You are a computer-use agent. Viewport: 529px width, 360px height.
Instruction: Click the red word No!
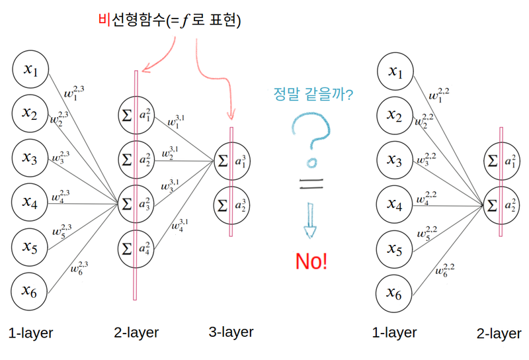(311, 261)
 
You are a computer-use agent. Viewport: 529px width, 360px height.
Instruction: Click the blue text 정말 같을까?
(313, 95)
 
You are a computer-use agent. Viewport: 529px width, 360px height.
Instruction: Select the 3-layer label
(231, 332)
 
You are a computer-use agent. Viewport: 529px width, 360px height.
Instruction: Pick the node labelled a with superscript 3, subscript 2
(231, 204)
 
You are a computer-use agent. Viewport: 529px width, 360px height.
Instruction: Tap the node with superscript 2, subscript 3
(136, 204)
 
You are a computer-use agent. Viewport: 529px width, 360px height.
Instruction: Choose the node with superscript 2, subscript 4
(136, 249)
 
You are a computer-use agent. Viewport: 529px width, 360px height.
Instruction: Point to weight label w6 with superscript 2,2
(444, 269)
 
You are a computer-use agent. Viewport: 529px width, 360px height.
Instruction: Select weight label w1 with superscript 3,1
(176, 121)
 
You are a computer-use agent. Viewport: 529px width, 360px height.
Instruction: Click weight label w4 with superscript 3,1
(179, 224)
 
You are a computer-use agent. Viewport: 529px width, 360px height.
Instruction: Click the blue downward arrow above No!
(310, 221)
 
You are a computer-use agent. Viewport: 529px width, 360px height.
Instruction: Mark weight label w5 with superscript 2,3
(62, 231)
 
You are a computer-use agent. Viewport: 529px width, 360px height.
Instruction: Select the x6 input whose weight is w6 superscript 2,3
(30, 292)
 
